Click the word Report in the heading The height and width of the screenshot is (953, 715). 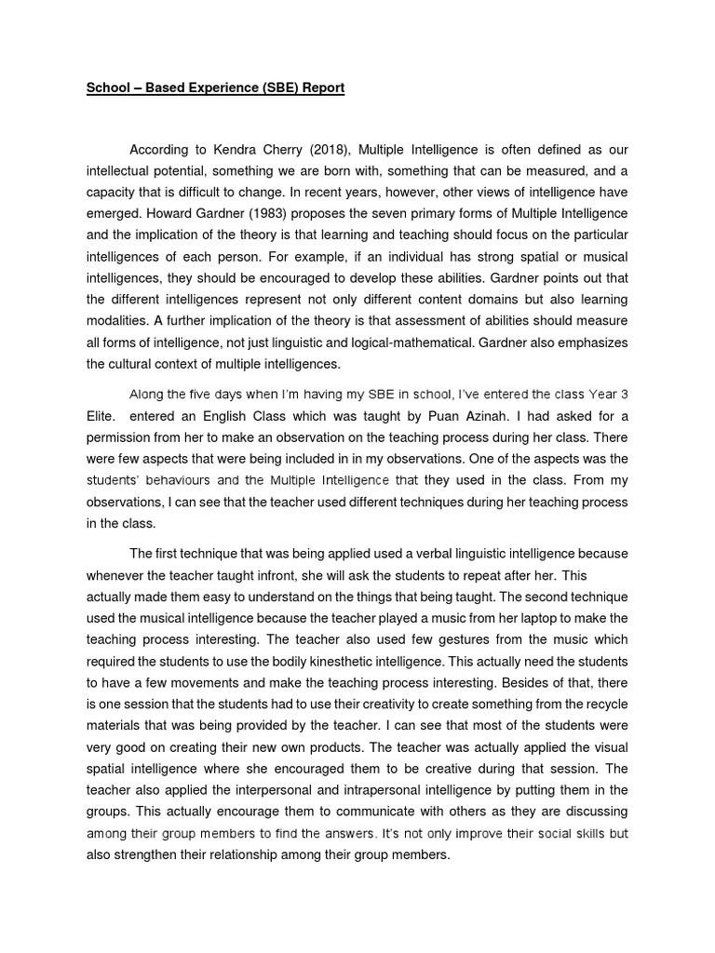click(x=320, y=88)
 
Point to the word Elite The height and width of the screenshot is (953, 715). click(x=101, y=416)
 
